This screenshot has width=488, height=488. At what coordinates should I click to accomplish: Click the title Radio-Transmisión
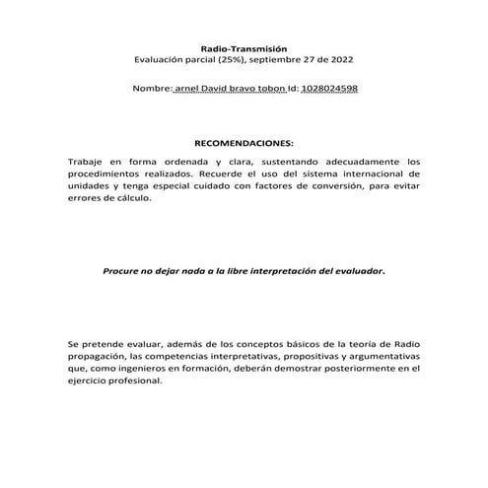(x=243, y=47)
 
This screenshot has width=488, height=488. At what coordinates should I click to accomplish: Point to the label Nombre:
(x=152, y=89)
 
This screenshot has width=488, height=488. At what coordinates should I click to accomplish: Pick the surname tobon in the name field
(x=270, y=89)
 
